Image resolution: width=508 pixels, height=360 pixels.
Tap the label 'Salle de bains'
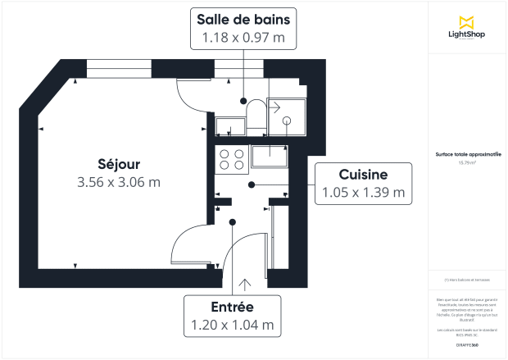click(x=243, y=19)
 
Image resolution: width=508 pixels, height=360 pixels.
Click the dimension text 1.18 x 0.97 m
click(x=243, y=38)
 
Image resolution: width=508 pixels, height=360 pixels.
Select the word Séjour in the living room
click(x=118, y=162)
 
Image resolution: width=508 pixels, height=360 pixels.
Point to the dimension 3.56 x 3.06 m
click(x=118, y=182)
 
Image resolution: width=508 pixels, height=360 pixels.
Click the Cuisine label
click(x=363, y=174)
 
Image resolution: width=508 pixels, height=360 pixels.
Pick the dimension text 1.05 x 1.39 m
click(x=363, y=193)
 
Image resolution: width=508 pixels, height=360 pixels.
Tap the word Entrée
click(x=232, y=306)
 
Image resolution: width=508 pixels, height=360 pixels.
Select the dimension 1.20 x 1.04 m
click(x=232, y=325)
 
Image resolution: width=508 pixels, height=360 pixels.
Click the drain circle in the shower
click(x=287, y=121)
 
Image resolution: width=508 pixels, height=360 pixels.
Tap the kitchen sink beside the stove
click(x=270, y=156)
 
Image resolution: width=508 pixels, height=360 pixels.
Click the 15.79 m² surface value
click(x=467, y=162)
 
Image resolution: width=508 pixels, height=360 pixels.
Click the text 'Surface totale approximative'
click(x=467, y=154)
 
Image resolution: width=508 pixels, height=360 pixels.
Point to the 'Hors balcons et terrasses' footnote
click(x=467, y=279)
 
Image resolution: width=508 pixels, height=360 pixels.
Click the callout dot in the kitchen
click(x=252, y=185)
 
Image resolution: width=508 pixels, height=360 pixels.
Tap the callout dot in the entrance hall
click(x=233, y=221)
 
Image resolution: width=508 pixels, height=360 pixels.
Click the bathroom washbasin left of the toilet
click(x=230, y=125)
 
